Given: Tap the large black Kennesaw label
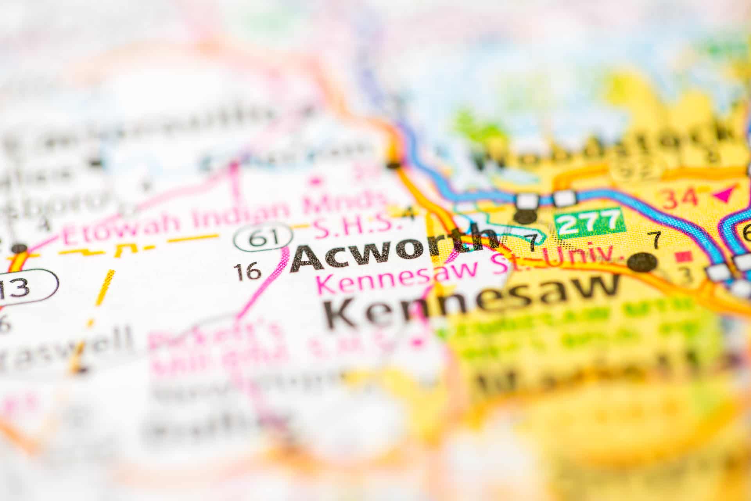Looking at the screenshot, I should [471, 301].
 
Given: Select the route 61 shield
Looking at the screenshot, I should [264, 238].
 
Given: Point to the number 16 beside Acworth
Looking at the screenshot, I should [248, 271].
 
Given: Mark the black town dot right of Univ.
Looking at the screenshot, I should [643, 262].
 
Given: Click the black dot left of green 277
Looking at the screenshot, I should [526, 216].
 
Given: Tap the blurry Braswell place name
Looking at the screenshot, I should [66, 346].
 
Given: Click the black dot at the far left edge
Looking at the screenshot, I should [18, 249].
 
